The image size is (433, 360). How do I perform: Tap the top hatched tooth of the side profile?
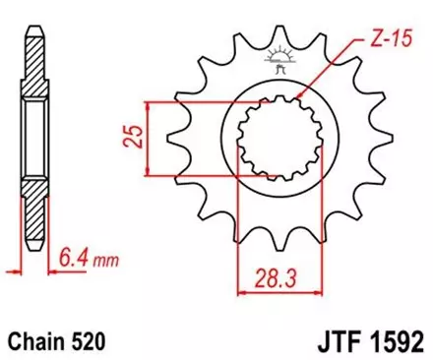[34, 49]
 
